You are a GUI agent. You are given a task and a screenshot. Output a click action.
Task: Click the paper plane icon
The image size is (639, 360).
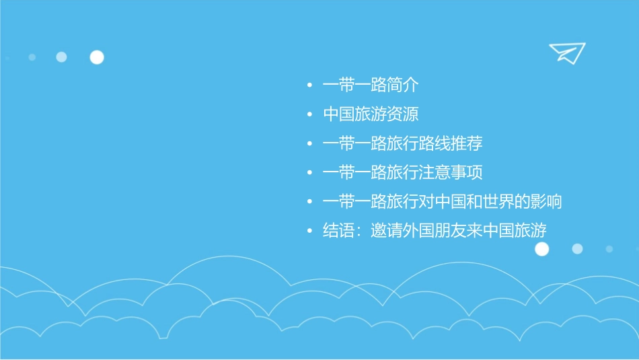click(566, 52)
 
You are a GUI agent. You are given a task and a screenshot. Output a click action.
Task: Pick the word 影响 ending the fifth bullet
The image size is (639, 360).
click(546, 201)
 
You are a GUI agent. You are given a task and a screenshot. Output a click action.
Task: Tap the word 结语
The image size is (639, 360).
click(339, 230)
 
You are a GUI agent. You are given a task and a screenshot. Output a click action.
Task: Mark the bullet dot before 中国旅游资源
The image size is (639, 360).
click(309, 115)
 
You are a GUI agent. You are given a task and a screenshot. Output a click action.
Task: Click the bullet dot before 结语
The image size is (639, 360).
click(309, 231)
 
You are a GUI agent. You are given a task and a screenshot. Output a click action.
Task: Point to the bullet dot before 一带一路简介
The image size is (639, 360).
click(309, 86)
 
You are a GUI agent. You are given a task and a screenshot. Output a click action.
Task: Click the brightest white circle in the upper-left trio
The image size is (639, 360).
click(97, 57)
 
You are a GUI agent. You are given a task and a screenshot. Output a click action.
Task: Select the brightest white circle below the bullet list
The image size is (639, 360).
click(541, 249)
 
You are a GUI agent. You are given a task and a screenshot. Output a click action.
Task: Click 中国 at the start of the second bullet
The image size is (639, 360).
click(339, 114)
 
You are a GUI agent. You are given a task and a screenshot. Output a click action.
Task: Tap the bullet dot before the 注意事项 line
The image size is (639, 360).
click(309, 173)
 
